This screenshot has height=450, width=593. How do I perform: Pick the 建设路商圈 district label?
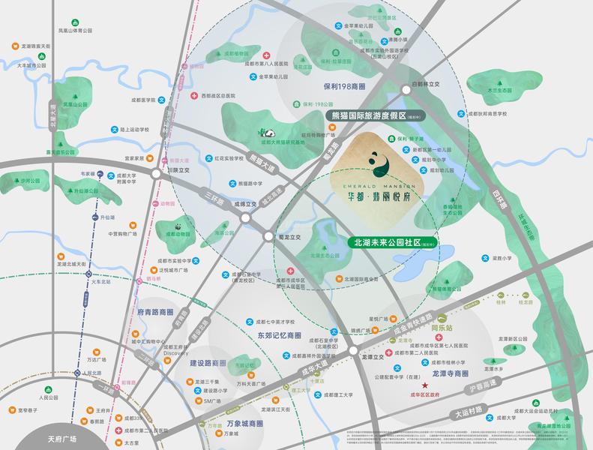click(208, 362)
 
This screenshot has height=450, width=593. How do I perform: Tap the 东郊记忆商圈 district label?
click(278, 335)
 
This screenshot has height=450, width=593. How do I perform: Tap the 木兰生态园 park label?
click(499, 89)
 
